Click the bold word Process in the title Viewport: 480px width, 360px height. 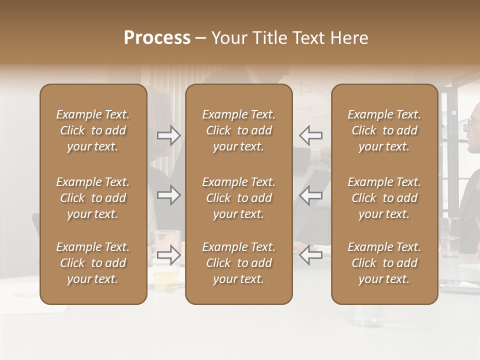click(157, 38)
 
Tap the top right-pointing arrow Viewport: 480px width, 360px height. click(168, 135)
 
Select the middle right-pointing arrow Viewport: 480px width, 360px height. click(168, 195)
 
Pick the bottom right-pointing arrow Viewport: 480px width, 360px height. click(168, 255)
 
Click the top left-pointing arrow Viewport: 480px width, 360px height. click(311, 135)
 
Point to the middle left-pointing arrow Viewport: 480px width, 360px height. click(311, 195)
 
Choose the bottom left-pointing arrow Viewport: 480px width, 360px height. click(311, 255)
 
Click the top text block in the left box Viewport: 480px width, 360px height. click(93, 130)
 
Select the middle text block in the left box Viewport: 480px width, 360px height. click(93, 198)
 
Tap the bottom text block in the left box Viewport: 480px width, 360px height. click(93, 263)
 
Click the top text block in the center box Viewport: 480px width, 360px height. click(238, 130)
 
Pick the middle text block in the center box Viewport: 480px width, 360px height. click(238, 198)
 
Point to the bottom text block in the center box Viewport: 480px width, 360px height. click(238, 263)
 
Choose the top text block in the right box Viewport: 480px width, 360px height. click(384, 130)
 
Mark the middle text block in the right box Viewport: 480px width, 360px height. click(384, 198)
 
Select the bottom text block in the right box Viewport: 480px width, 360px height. click(384, 263)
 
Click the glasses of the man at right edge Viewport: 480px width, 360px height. click(473, 121)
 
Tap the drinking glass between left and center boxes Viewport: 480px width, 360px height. click(166, 260)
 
